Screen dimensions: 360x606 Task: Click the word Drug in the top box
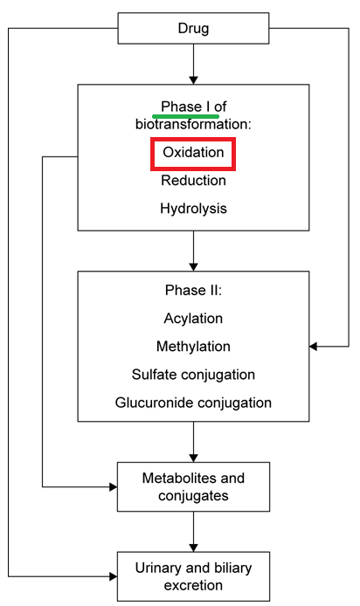tap(193, 29)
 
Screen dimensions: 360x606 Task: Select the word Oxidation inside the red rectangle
tap(193, 152)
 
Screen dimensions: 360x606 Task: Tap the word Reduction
tap(193, 181)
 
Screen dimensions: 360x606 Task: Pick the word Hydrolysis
tap(193, 209)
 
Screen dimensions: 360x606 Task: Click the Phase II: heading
tap(193, 290)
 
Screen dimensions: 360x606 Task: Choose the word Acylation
tap(193, 319)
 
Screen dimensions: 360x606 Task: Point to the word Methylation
tap(193, 347)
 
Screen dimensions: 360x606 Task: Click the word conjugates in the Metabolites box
tap(193, 496)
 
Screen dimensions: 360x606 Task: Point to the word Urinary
tap(158, 568)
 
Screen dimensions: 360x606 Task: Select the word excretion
tap(193, 586)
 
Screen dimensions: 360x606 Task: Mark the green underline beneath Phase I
tap(186, 116)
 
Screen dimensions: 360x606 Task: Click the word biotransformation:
tap(193, 125)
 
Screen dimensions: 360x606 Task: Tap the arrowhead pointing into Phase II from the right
tap(313, 347)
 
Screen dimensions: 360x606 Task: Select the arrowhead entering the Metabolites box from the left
tap(114, 487)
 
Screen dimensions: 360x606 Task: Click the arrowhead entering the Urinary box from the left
tap(114, 576)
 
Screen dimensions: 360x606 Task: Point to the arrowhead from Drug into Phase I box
tap(193, 80)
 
